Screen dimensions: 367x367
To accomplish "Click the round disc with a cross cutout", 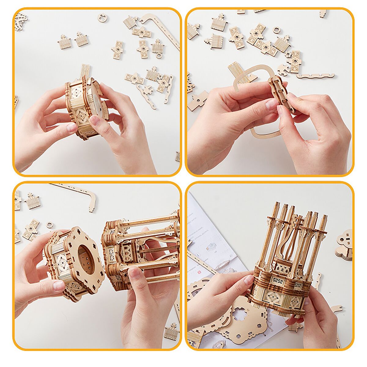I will [x=102, y=18].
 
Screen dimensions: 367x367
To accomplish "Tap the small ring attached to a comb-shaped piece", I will [x=159, y=56].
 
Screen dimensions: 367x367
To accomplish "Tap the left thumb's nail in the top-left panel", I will [x=72, y=127].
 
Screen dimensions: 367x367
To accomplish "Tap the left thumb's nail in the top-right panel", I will [x=271, y=104].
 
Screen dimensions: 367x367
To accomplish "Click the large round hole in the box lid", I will [x=86, y=260].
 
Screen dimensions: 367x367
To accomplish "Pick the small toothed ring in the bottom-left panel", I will [x=49, y=225].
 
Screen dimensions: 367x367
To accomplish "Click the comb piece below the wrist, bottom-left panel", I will [x=172, y=332].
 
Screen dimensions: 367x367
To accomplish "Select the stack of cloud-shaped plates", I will [x=344, y=245].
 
